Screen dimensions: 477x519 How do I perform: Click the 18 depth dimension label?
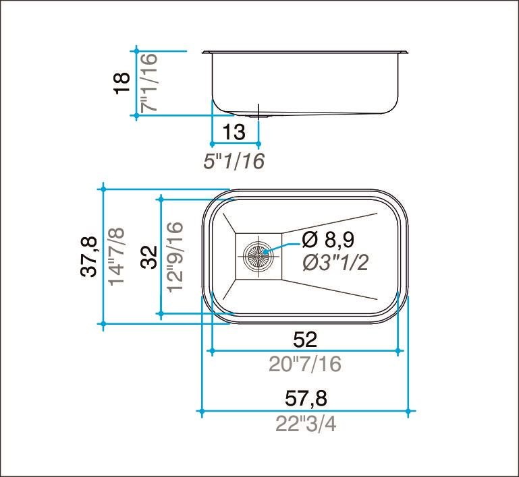pos(121,83)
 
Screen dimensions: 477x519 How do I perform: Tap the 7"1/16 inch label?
pos(148,82)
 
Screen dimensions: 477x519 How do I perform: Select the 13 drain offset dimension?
pos(234,133)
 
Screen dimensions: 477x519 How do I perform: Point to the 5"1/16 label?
pos(234,161)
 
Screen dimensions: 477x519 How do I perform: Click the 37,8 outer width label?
pos(88,257)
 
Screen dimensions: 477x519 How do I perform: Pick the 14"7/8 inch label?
pos(116,257)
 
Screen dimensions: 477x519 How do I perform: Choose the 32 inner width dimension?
pos(149,257)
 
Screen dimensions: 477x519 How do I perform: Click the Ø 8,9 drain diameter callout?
pos(329,239)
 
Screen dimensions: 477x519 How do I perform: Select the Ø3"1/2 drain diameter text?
pos(335,263)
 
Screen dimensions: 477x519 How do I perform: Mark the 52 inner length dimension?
pos(305,339)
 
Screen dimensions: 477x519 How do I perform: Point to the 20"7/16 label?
pos(305,364)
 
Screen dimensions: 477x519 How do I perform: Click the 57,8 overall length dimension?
pos(306,399)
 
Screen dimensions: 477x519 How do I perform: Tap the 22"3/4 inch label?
pos(306,424)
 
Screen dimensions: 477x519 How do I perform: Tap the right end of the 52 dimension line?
pos(399,351)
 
